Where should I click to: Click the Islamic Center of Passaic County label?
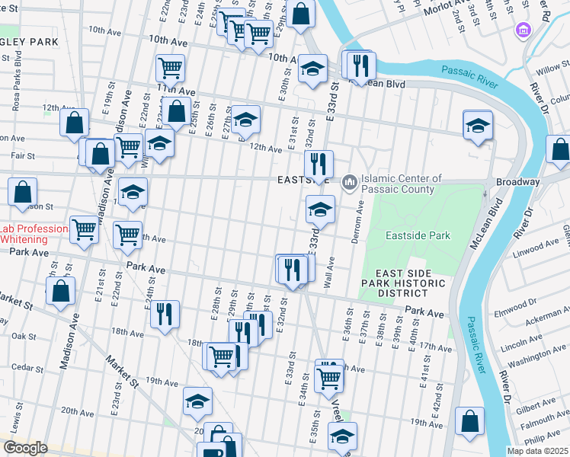tap(402, 183)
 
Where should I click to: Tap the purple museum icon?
tap(523, 30)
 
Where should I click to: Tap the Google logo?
tap(25, 448)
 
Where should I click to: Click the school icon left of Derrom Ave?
tap(321, 209)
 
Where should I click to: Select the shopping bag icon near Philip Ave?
tap(470, 420)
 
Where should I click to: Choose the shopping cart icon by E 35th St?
tap(328, 376)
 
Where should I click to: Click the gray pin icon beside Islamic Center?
tap(350, 181)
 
